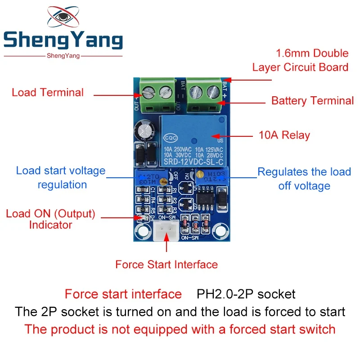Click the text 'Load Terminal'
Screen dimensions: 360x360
[48, 93]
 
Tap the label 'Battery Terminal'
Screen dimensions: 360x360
[312, 101]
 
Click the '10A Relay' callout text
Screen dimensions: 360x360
[284, 135]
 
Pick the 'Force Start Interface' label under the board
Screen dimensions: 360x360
[166, 264]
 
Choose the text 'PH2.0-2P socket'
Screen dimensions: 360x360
[246, 295]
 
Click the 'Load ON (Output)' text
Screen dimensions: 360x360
[50, 214]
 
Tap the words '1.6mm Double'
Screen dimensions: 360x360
[312, 54]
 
